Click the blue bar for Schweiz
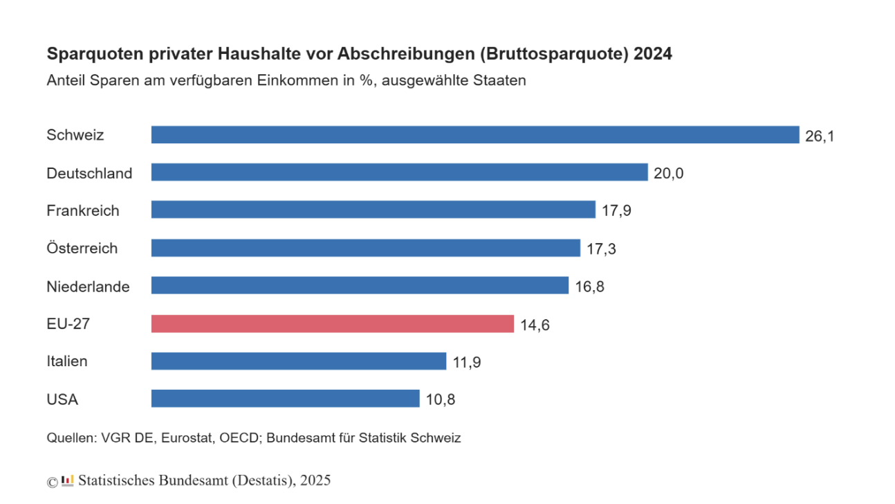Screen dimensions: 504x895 click(x=475, y=135)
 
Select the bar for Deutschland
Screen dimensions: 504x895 click(x=399, y=172)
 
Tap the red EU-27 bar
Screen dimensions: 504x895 click(x=333, y=324)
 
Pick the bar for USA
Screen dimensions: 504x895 click(x=285, y=399)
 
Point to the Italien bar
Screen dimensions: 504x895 click(x=299, y=361)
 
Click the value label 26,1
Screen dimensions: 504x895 click(x=820, y=136)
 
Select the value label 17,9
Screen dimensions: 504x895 click(x=616, y=210)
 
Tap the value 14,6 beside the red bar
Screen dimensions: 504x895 click(x=535, y=325)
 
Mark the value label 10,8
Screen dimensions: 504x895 click(x=441, y=399)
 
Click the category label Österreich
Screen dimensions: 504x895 click(x=82, y=248)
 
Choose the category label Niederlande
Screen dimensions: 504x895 click(x=88, y=286)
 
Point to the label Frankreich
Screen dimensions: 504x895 click(x=82, y=210)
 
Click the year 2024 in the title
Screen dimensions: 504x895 click(x=653, y=54)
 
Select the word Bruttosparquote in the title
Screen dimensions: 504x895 click(x=560, y=54)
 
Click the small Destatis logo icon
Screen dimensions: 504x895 click(x=67, y=480)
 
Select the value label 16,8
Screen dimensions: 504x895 click(x=589, y=287)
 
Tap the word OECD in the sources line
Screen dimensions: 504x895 click(x=240, y=438)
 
